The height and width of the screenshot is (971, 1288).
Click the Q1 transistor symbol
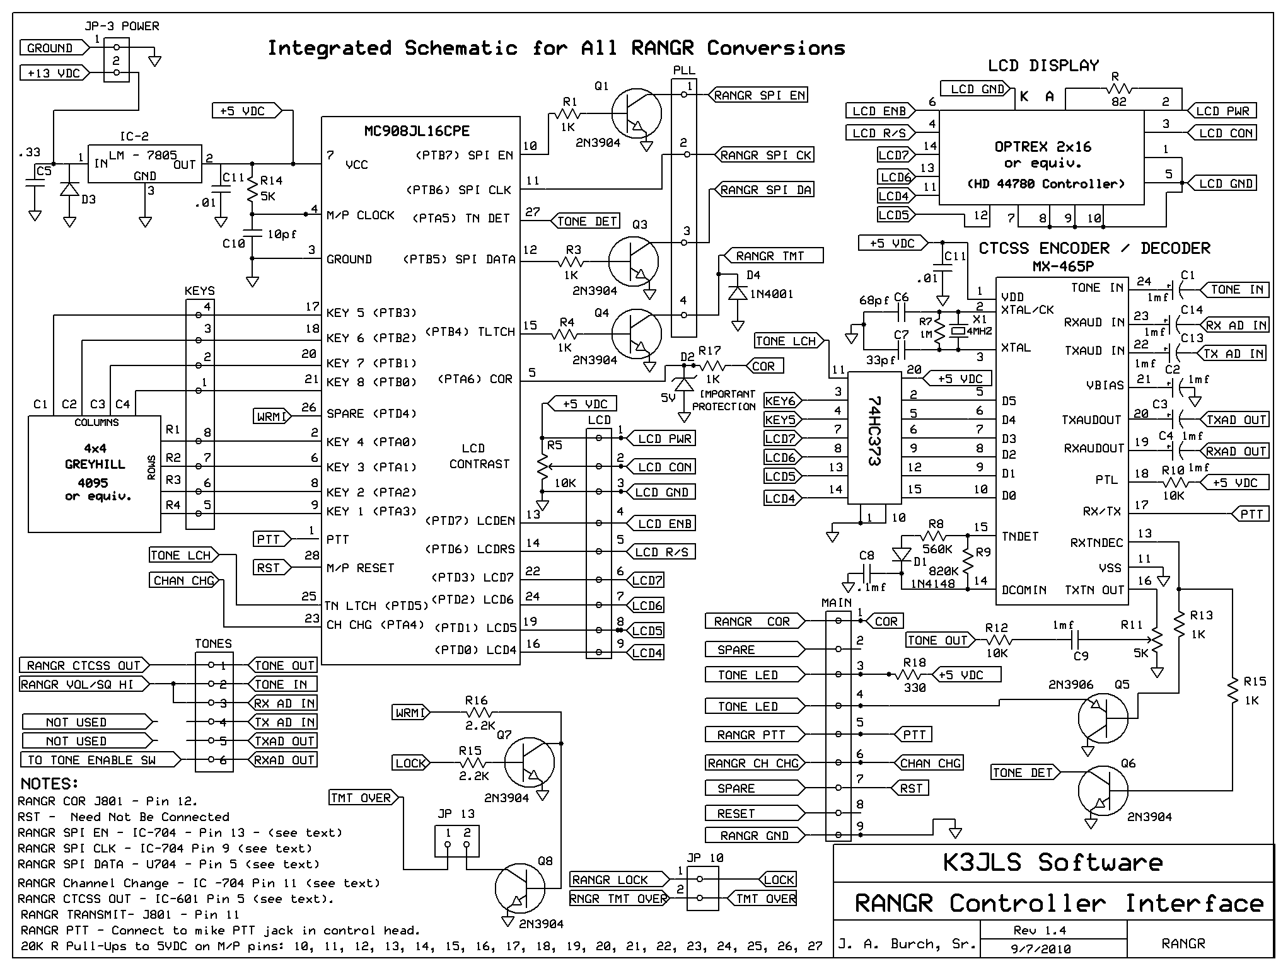click(x=636, y=114)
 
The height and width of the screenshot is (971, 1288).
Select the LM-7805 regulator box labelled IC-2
click(x=145, y=164)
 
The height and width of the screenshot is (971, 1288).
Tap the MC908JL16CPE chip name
click(x=417, y=131)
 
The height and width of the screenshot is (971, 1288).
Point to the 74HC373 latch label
click(x=873, y=430)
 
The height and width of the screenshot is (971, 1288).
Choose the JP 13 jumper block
click(x=456, y=841)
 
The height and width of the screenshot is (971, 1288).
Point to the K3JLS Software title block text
click(x=1052, y=863)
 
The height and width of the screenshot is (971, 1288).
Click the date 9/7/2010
click(x=1041, y=949)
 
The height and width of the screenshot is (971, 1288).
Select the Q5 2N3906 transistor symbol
click(x=1103, y=718)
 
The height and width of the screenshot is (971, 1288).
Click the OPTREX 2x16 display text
click(x=1043, y=147)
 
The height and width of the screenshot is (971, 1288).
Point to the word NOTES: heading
click(x=49, y=784)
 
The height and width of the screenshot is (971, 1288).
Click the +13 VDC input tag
click(x=55, y=73)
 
